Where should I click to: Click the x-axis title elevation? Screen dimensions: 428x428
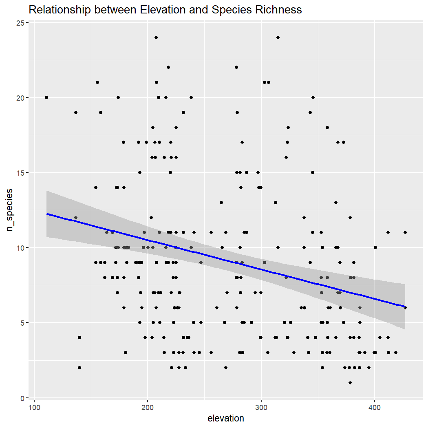tap(226, 419)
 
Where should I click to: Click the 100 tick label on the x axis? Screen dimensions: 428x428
tap(34, 407)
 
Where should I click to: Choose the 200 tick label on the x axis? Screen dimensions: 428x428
tap(148, 407)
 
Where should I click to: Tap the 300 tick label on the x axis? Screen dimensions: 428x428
tap(261, 407)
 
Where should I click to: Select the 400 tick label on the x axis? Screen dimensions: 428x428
tap(374, 407)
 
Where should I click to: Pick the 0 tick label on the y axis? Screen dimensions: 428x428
tap(22, 398)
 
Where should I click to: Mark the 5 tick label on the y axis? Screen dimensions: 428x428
tap(22, 323)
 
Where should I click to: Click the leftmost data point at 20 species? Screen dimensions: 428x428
tap(46, 97)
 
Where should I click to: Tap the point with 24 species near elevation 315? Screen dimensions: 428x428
tap(278, 38)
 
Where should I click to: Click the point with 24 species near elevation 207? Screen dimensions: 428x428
tap(156, 38)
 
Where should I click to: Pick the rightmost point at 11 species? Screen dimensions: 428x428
tap(405, 232)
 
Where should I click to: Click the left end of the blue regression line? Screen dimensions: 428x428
tap(47, 214)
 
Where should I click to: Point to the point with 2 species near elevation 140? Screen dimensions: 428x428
tap(79, 368)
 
